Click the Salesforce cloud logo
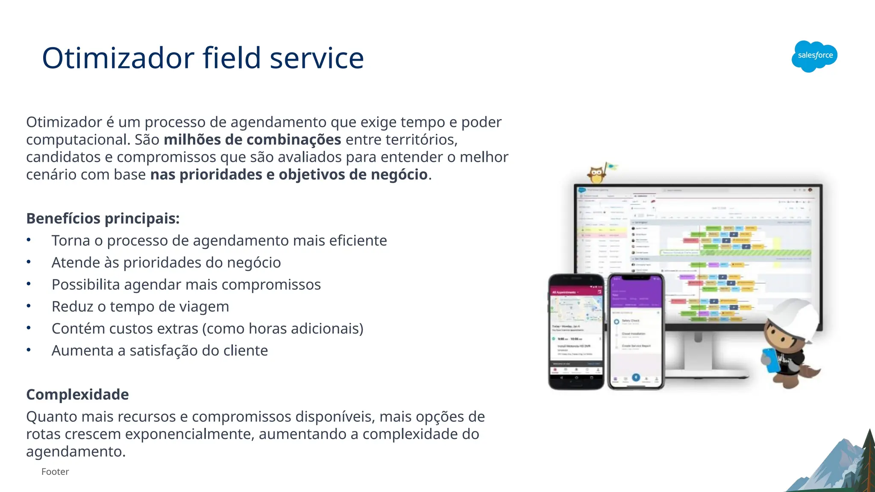[x=814, y=56]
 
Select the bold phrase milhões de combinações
[x=252, y=140]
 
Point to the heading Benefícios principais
[x=103, y=218]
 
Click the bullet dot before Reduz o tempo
[x=29, y=306]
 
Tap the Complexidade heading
[x=77, y=394]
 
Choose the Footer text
[x=55, y=471]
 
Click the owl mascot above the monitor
[x=597, y=173]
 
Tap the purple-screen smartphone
[x=636, y=331]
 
